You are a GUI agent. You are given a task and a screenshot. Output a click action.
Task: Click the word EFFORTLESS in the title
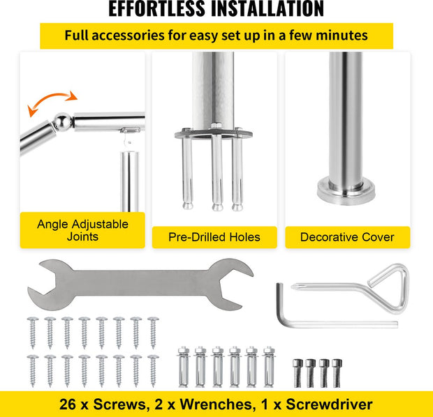156,9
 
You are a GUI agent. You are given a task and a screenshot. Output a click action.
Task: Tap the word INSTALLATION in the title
267,9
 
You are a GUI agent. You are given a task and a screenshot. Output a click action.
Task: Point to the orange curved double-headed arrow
52,102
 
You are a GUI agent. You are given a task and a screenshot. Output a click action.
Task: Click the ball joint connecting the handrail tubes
62,121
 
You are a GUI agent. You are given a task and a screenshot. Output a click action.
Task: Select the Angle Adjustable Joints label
82,230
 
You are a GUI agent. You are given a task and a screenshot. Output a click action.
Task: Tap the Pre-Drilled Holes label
214,237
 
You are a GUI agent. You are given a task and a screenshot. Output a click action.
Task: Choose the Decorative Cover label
347,237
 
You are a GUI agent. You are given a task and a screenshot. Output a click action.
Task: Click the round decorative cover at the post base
346,191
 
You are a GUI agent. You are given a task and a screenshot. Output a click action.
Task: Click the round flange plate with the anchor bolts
213,134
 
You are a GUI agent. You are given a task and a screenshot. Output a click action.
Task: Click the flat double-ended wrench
140,284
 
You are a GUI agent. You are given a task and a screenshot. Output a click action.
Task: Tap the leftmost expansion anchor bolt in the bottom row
184,367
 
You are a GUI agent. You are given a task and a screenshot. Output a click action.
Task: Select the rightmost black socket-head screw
337,373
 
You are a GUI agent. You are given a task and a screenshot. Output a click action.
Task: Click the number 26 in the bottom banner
67,404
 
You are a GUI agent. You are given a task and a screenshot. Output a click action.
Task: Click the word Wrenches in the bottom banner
216,404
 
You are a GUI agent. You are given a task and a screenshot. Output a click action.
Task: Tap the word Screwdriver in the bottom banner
329,404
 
